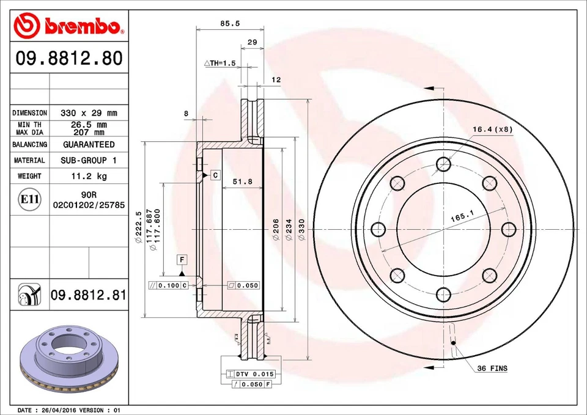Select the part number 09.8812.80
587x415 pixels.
(x=69, y=59)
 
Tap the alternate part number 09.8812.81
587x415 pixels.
(x=89, y=295)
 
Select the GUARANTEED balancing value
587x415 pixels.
(x=89, y=145)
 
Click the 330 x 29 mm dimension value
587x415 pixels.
(x=89, y=113)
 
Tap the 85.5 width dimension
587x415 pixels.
(x=229, y=23)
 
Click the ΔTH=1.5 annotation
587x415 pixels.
(x=220, y=63)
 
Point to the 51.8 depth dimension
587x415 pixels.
(x=243, y=182)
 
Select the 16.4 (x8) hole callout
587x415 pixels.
(x=491, y=129)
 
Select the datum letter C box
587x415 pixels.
(x=215, y=175)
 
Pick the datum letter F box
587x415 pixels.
(x=182, y=260)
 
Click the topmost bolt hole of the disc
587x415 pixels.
(x=444, y=163)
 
